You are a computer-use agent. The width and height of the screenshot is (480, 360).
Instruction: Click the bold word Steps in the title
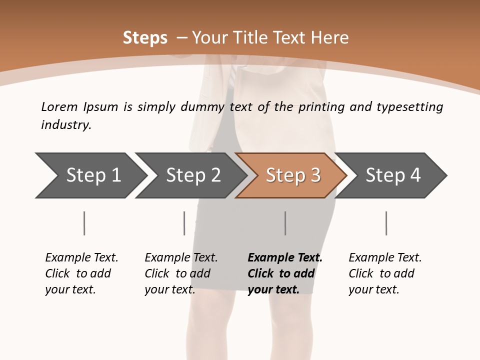tap(145, 38)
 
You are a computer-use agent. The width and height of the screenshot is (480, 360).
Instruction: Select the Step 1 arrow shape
tap(90, 175)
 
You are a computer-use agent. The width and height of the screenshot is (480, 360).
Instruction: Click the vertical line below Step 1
tap(84, 223)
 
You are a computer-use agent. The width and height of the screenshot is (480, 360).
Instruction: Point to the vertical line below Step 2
tap(184, 223)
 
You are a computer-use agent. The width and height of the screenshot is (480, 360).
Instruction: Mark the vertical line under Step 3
tap(285, 223)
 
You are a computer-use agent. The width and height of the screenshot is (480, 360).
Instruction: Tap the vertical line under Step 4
tap(386, 223)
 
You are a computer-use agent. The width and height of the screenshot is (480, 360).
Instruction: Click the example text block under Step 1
tap(81, 273)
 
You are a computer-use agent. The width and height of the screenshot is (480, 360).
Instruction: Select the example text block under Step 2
tap(181, 273)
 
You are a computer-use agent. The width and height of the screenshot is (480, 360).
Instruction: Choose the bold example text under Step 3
tap(285, 273)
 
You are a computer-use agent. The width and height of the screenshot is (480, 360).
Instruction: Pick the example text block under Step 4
tap(385, 273)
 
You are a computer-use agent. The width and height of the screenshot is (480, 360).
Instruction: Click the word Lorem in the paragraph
tap(59, 107)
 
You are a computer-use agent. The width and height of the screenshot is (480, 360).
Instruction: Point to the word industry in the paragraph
tap(66, 125)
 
